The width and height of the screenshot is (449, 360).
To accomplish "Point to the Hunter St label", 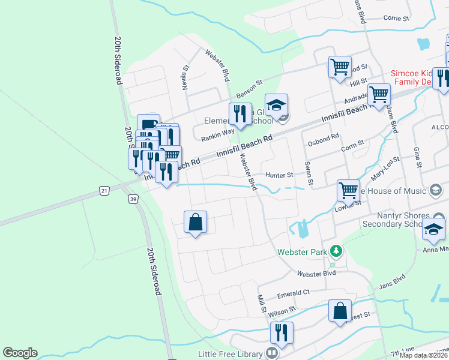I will [279, 175].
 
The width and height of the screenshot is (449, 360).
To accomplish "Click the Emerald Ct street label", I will [292, 293].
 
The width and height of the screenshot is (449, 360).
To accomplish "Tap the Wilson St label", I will [282, 312].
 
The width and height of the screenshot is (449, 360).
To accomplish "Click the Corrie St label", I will [396, 19].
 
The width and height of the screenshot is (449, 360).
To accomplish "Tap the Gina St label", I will [415, 157].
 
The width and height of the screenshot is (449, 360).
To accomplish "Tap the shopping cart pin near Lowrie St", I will [348, 190].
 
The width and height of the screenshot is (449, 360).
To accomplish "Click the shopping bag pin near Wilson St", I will [340, 311].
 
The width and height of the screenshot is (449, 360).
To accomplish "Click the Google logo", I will [19, 353].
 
